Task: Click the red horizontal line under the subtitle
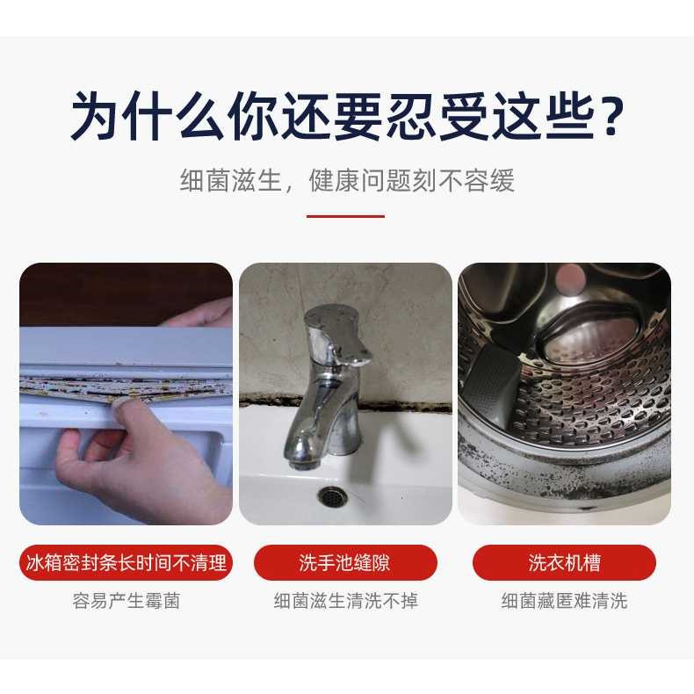345,216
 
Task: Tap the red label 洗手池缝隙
345,562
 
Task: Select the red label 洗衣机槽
564,562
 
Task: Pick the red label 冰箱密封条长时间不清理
127,562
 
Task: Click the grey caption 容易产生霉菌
127,601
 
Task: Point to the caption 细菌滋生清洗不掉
345,601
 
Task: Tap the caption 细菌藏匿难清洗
564,601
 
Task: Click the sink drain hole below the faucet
330,495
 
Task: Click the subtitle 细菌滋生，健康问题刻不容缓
347,181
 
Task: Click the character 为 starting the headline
97,116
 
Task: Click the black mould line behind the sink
345,401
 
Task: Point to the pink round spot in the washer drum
570,278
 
